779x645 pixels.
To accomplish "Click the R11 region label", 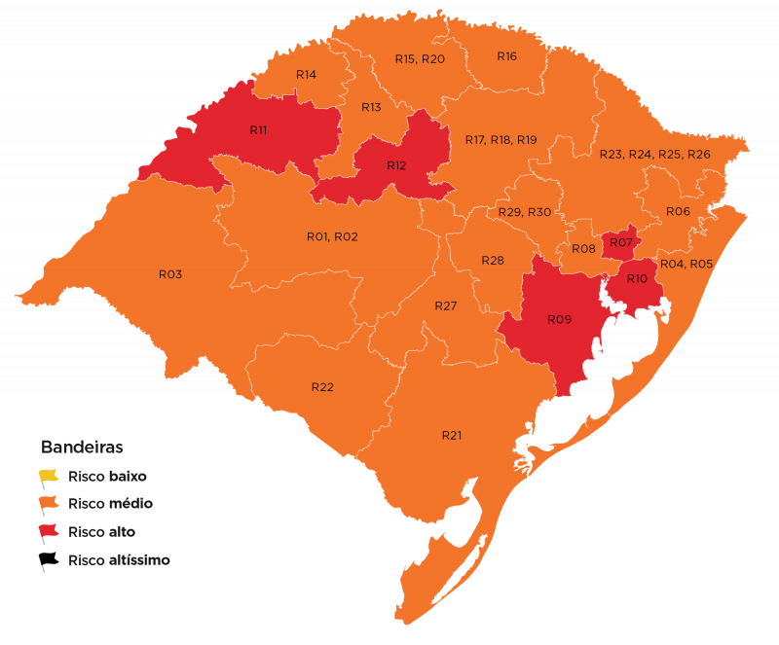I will tap(258, 129).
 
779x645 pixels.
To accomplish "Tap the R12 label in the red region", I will tap(395, 165).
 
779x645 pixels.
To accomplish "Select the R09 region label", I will tap(558, 319).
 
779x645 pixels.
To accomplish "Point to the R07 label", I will tap(622, 241).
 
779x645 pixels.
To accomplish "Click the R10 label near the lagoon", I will tap(637, 279).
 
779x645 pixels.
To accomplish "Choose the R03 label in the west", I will tap(170, 274).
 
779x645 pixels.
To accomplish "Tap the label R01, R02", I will tap(332, 236).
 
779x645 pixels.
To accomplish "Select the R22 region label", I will tap(322, 387).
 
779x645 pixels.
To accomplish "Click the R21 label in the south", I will tap(451, 435).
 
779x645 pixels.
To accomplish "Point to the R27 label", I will tap(445, 306).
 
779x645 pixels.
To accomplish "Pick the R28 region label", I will tap(493, 261).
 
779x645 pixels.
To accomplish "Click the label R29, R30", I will tap(524, 212).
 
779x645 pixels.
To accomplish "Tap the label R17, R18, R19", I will tap(501, 140).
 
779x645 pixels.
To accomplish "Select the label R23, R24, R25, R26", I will tap(654, 155).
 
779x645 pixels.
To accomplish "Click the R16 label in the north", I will tap(506, 56).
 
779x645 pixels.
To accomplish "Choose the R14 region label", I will tap(306, 75).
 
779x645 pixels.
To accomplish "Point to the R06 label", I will tap(678, 211).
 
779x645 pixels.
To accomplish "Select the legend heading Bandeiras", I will tap(81, 448).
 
